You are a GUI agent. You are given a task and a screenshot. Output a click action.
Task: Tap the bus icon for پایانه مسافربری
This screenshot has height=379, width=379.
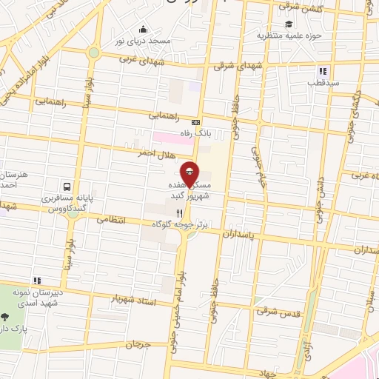[x=67, y=187]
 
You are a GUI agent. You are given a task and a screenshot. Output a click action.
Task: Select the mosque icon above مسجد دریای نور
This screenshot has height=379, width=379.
[x=142, y=30]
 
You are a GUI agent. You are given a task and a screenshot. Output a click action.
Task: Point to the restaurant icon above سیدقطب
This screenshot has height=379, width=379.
[x=322, y=72]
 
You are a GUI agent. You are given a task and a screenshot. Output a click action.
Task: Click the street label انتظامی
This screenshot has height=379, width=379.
[x=112, y=220]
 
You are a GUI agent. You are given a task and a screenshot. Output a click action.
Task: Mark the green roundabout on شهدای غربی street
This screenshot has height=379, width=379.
[x=93, y=53]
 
